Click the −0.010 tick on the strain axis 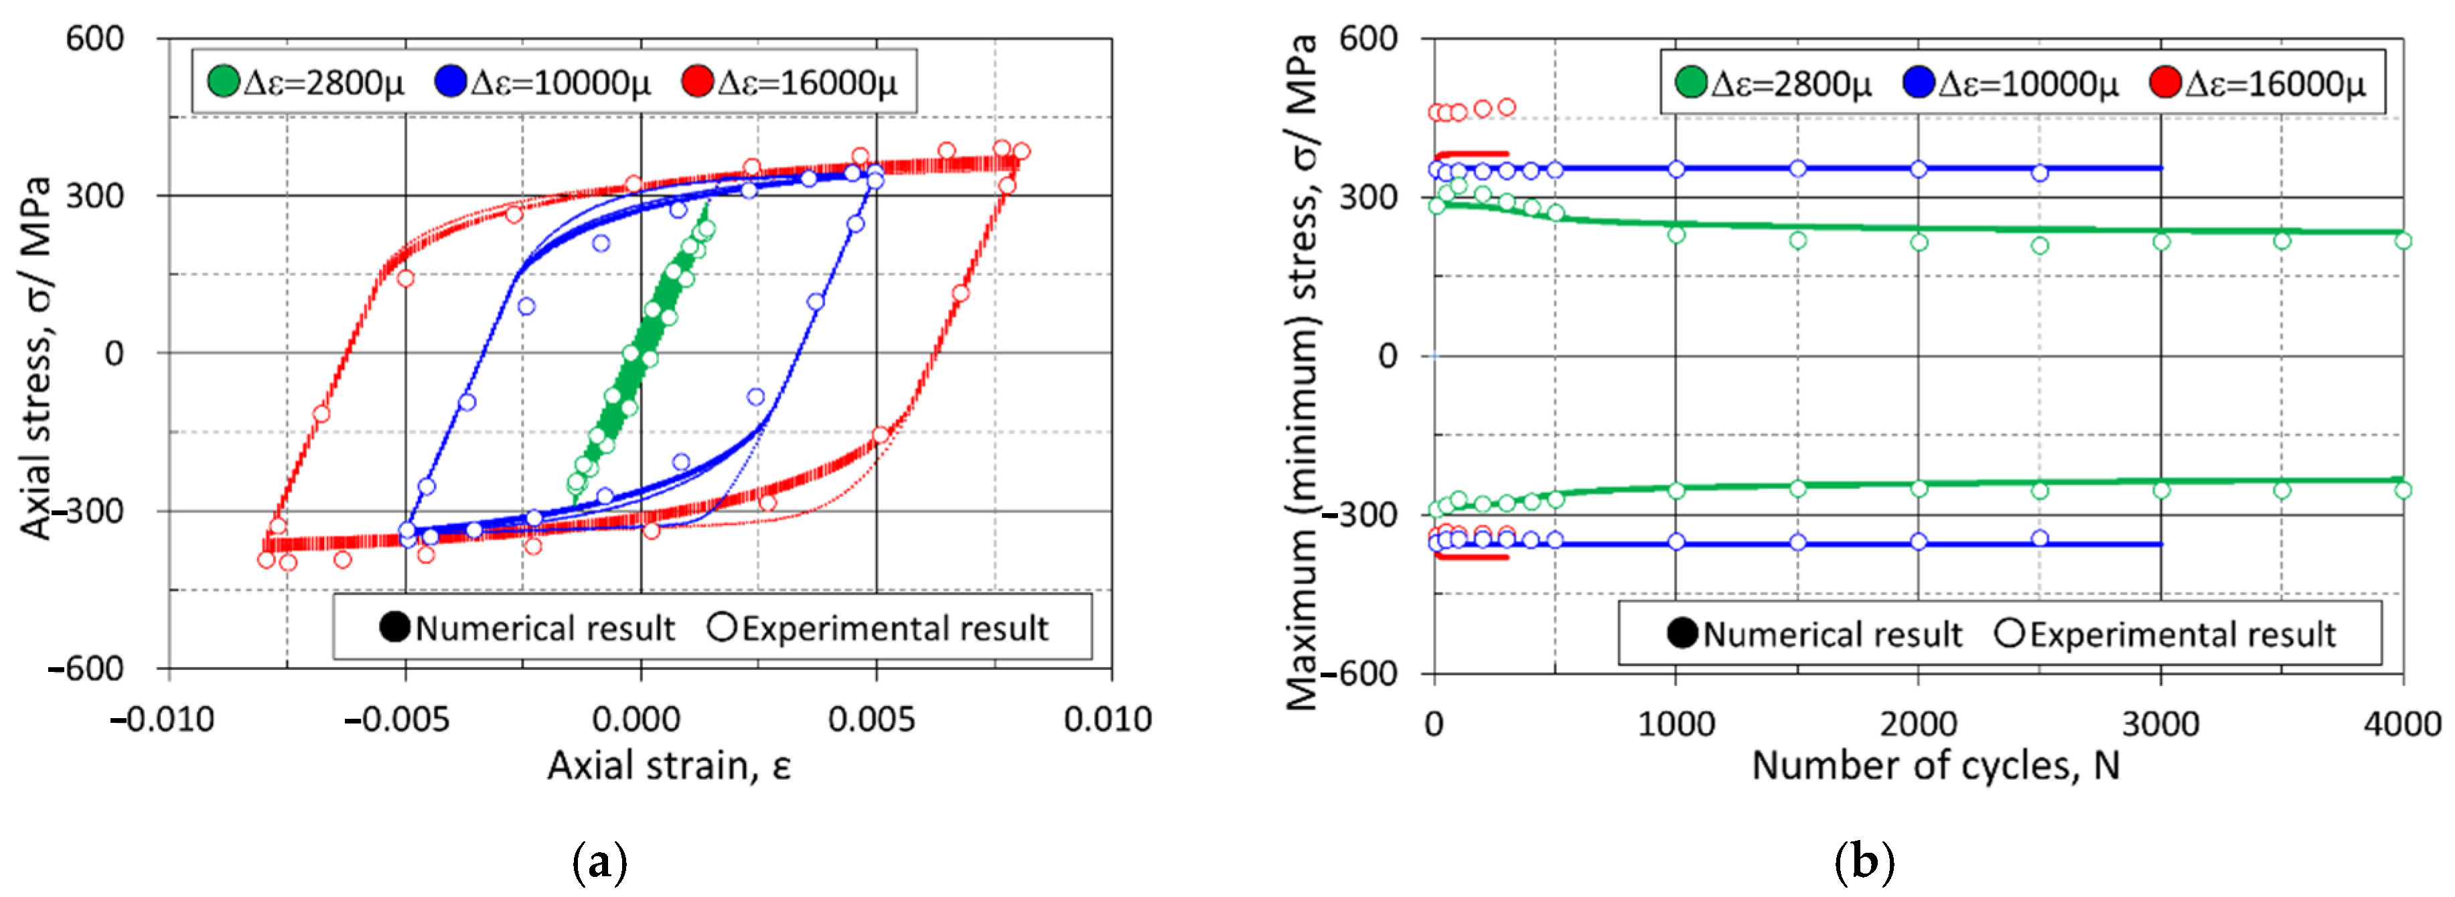(163, 719)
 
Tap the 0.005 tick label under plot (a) (872, 719)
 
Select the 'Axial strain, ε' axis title (669, 766)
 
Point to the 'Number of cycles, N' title (1935, 766)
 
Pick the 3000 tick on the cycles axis (2160, 723)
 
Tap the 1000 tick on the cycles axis (1676, 723)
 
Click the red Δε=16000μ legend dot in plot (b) (2165, 83)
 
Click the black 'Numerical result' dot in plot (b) (1683, 633)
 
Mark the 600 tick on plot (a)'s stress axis (94, 39)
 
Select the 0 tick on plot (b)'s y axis (1388, 356)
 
